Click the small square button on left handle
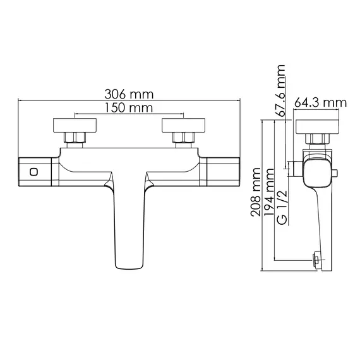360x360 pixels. (x=33, y=171)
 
